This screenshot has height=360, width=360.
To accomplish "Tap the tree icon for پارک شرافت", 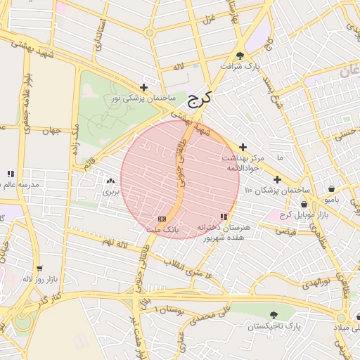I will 240,56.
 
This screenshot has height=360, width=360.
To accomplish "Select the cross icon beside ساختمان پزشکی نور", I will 144,88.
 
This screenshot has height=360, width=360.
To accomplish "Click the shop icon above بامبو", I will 331,188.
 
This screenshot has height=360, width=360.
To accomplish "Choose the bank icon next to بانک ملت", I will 162,219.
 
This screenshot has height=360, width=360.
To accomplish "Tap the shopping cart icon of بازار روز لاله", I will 39,268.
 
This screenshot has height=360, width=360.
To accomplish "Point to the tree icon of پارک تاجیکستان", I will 274,316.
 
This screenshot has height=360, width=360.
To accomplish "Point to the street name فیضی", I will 285,231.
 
